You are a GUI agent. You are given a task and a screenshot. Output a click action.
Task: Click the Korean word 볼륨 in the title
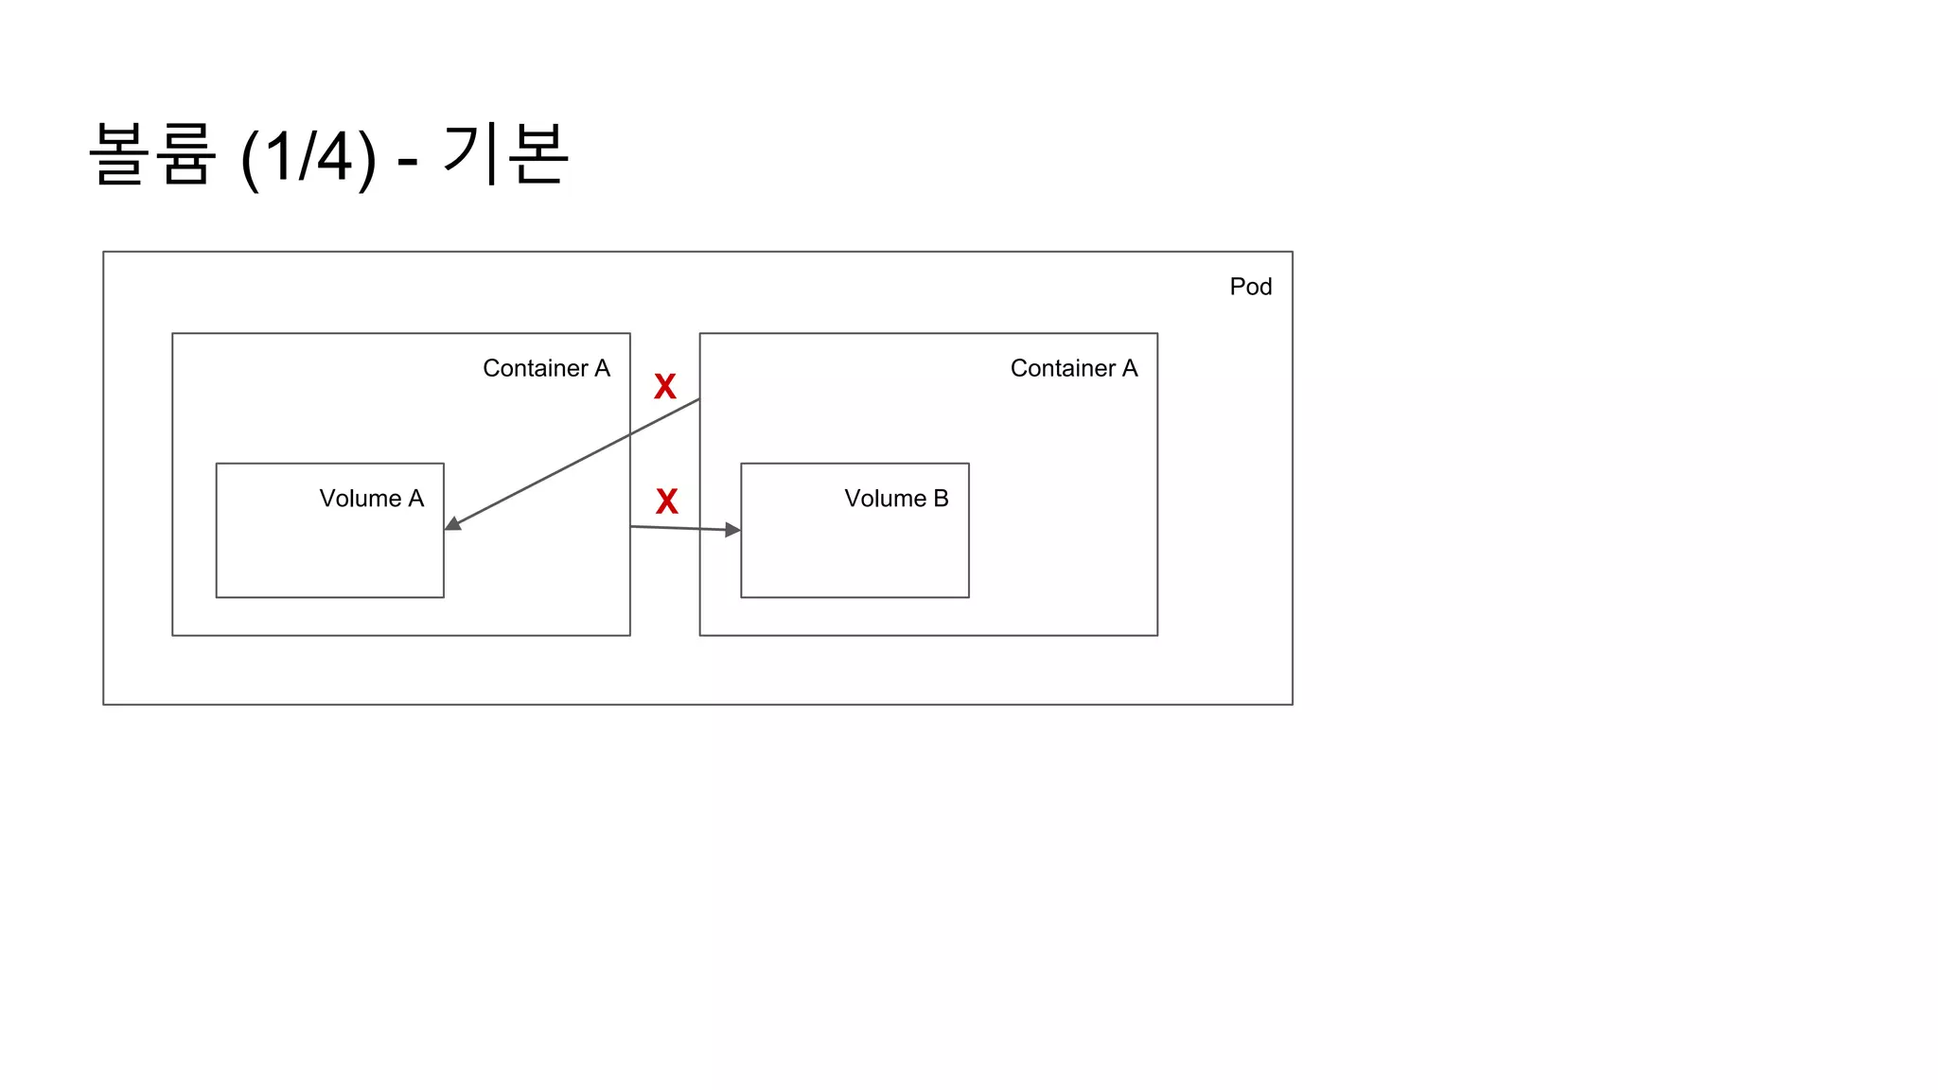tap(152, 154)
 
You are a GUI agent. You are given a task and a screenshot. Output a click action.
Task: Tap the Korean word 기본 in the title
tap(505, 154)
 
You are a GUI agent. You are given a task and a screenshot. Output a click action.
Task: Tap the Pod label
tap(1250, 287)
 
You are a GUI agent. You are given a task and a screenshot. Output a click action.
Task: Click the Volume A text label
tap(371, 499)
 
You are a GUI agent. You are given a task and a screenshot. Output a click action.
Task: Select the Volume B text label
tap(896, 499)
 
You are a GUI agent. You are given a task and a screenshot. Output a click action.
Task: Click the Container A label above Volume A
tap(546, 368)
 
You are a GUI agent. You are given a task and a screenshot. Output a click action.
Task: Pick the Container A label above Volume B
tap(1074, 368)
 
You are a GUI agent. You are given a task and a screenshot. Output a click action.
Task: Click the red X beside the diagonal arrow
tap(665, 386)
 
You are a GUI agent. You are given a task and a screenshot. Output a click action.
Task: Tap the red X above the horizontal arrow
tap(667, 501)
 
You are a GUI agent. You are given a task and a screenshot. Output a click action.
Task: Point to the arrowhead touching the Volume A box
tap(453, 523)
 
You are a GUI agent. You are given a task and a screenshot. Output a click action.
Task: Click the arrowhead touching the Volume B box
tap(732, 530)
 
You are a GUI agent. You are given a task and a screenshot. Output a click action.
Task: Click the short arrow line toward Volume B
tap(677, 528)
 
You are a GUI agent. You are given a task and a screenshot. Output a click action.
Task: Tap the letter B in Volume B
tap(941, 499)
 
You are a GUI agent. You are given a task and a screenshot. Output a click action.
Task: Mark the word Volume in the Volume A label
tap(360, 499)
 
